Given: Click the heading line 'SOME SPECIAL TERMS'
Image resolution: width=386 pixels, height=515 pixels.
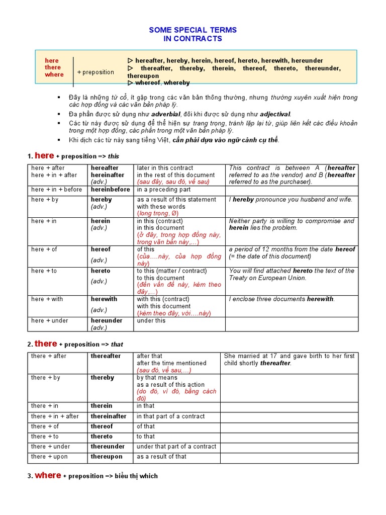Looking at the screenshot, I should [192, 30].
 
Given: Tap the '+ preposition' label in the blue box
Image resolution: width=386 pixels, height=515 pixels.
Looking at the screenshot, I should [95, 72].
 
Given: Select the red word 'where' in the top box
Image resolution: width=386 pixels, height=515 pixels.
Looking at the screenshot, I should [54, 74].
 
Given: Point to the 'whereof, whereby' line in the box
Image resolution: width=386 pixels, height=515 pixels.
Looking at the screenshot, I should [159, 82].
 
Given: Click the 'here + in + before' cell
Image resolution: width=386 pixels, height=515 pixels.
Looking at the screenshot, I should [56, 190].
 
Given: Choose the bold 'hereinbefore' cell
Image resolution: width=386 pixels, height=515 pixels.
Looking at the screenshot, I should [110, 190].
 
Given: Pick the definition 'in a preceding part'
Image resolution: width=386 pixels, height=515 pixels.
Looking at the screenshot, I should [163, 190].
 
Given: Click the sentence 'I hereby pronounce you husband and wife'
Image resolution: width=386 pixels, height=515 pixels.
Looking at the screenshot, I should [291, 200].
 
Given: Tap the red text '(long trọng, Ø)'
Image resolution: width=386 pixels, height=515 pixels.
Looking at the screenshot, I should [157, 213].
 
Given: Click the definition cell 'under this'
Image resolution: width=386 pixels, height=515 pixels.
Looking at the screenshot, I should [151, 320].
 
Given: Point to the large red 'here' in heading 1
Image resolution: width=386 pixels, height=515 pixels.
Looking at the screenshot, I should [44, 156].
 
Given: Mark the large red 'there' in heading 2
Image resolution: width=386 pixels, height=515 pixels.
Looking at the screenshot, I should [46, 344].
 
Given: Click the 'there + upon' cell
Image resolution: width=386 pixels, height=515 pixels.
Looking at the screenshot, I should [49, 457].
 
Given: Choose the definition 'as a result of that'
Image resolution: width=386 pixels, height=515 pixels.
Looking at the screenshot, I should [161, 457].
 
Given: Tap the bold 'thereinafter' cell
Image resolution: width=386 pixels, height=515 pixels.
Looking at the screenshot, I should [109, 416].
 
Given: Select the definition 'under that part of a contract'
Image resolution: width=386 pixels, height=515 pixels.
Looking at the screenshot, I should [176, 447].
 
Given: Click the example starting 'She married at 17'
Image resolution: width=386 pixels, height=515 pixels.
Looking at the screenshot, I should [289, 359].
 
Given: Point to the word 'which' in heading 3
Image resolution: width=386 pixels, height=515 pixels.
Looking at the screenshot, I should [149, 476].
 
